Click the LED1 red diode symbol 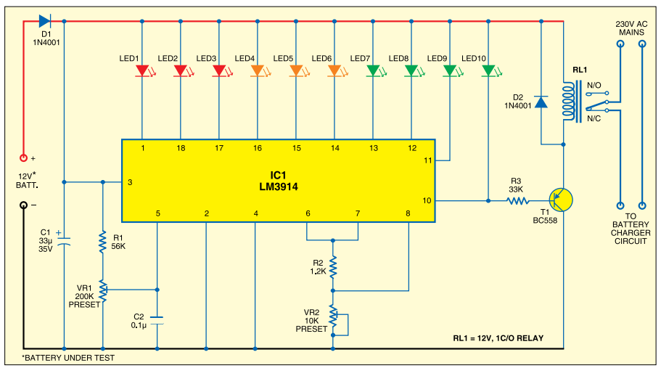(x=142, y=71)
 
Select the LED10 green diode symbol (x=488, y=71)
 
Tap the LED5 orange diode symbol (x=296, y=71)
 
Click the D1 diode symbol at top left (x=45, y=21)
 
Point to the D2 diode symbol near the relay (x=541, y=103)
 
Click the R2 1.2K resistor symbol (x=333, y=267)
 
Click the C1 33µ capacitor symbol (x=64, y=240)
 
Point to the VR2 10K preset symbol (x=333, y=315)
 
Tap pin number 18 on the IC (x=181, y=149)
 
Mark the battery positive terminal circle (x=23, y=157)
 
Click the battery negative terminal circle (x=23, y=205)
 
